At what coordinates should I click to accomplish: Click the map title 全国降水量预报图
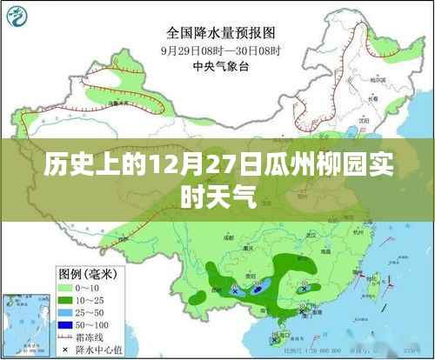(217, 34)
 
